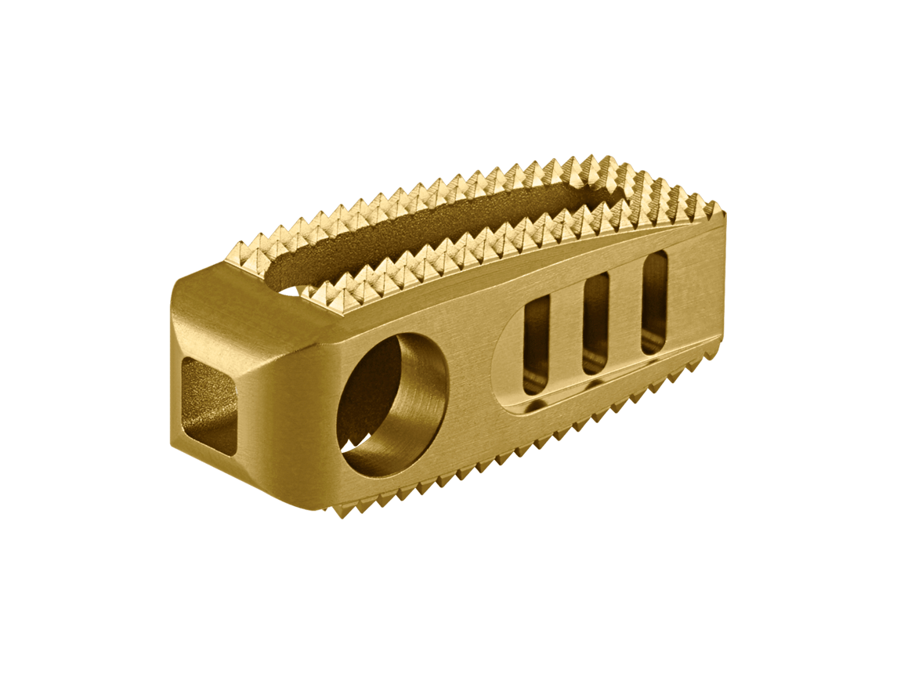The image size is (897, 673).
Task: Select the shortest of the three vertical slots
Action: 537,345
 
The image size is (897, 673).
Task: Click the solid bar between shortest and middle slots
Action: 566,337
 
